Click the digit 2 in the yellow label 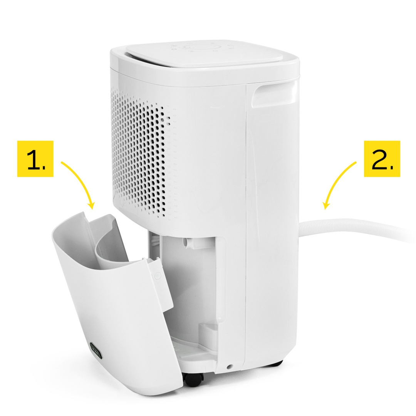379,159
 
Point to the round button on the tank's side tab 158,275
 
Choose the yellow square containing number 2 382,159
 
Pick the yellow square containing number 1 35,159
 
